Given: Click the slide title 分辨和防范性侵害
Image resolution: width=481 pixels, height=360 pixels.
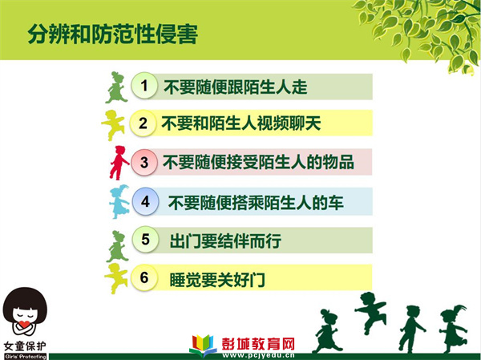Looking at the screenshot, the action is (112, 34).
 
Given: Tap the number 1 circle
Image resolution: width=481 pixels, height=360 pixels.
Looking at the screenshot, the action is (144, 86).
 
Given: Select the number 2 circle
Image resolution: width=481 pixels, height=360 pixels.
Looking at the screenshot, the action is (143, 123).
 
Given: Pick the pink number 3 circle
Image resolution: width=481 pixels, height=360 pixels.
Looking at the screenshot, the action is (144, 162).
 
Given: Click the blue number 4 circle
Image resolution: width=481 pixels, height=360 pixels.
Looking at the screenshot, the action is (145, 201).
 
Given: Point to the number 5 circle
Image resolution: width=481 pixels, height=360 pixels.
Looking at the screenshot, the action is (145, 240).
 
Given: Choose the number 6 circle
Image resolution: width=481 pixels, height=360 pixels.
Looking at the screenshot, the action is (144, 277).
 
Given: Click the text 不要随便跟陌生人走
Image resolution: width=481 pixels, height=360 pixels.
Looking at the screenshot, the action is (236, 87).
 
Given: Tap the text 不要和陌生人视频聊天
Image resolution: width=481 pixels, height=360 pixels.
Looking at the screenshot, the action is (241, 123).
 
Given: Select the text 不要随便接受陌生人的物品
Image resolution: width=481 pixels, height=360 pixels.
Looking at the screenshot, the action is (258, 162).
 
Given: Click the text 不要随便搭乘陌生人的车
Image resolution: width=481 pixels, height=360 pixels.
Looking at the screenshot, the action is (256, 203).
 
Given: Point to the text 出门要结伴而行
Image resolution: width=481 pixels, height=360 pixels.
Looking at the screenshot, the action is (225, 241).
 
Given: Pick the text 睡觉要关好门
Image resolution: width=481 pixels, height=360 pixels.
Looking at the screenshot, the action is (217, 280).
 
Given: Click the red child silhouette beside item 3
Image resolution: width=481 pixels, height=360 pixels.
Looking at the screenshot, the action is (118, 163).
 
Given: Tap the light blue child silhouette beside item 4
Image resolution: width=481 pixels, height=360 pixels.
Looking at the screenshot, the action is (119, 201).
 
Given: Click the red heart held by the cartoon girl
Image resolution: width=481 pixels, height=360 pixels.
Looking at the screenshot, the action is (24, 324).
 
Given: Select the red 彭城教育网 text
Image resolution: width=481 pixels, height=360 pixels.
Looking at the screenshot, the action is (258, 344).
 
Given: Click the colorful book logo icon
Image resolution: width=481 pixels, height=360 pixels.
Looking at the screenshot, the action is (203, 345).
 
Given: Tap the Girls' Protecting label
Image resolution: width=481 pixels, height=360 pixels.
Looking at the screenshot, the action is (26, 357).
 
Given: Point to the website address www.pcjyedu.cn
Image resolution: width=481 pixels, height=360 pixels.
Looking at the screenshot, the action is (258, 356).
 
